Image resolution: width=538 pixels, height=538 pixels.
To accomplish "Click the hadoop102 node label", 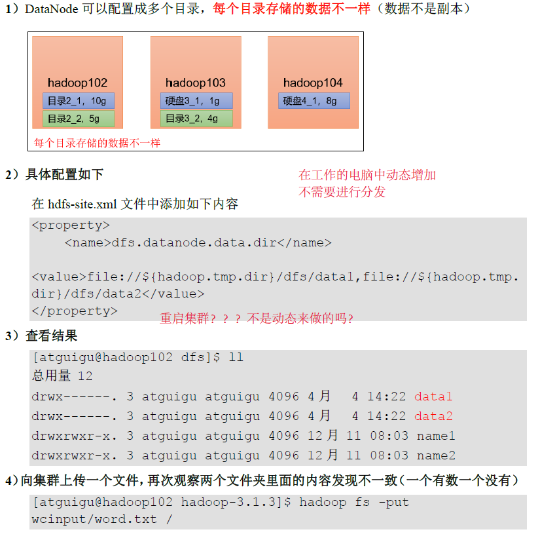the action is coord(77,83).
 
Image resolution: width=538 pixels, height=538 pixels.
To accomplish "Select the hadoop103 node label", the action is coord(195,83).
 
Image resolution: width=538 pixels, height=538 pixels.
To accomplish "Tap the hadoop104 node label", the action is coord(313,83).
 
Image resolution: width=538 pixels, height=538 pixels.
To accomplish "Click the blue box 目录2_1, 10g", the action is coord(78,101).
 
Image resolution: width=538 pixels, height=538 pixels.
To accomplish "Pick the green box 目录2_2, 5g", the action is coord(78,119).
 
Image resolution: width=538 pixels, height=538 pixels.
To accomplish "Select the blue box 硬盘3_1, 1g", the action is coord(196,101).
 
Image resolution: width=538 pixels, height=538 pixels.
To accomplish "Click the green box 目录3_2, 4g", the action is coord(196,119).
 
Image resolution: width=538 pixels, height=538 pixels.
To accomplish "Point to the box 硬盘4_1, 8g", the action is coord(314,101).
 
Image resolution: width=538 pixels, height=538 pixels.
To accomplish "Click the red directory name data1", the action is coord(433,397).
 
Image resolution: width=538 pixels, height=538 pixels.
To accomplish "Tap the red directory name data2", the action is coord(433,417).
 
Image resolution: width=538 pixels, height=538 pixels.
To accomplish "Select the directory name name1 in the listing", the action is coord(436,436).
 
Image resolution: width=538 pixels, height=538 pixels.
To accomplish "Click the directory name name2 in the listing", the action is coord(436,456).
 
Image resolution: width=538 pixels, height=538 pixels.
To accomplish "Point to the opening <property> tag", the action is coord(70,226).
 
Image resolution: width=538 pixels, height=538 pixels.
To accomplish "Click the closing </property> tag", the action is coord(74,311).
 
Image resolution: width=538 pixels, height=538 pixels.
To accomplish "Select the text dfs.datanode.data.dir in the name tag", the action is coord(194,243).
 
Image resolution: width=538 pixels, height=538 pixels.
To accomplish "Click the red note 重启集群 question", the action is coord(257,319).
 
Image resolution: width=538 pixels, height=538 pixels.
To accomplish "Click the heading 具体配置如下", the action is coord(64,174).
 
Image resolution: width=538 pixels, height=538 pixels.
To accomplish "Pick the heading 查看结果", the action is coord(51,336).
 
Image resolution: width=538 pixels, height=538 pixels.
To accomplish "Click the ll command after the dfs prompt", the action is coord(236,358).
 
